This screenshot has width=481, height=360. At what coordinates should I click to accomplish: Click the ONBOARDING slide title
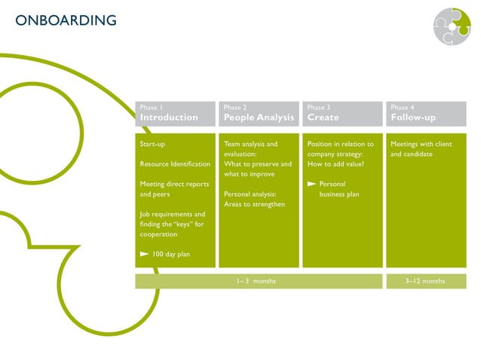(x=66, y=20)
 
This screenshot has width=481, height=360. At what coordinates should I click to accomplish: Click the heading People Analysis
(x=259, y=117)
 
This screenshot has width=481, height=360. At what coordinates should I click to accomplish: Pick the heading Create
(x=323, y=117)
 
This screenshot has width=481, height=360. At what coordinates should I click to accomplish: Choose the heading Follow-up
(x=413, y=117)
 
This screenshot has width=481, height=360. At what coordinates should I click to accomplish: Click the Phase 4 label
(x=403, y=108)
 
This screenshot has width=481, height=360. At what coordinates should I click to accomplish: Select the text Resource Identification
(x=175, y=164)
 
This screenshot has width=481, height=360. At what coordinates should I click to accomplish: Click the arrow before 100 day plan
(x=145, y=255)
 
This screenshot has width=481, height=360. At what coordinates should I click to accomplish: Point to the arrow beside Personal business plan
(x=311, y=185)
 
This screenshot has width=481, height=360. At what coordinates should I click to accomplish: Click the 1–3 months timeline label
(x=256, y=281)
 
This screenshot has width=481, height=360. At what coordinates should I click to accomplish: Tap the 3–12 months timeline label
(x=425, y=281)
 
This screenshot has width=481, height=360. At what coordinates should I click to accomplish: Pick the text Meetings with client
(x=421, y=144)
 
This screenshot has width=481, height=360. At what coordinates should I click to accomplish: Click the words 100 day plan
(x=171, y=255)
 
